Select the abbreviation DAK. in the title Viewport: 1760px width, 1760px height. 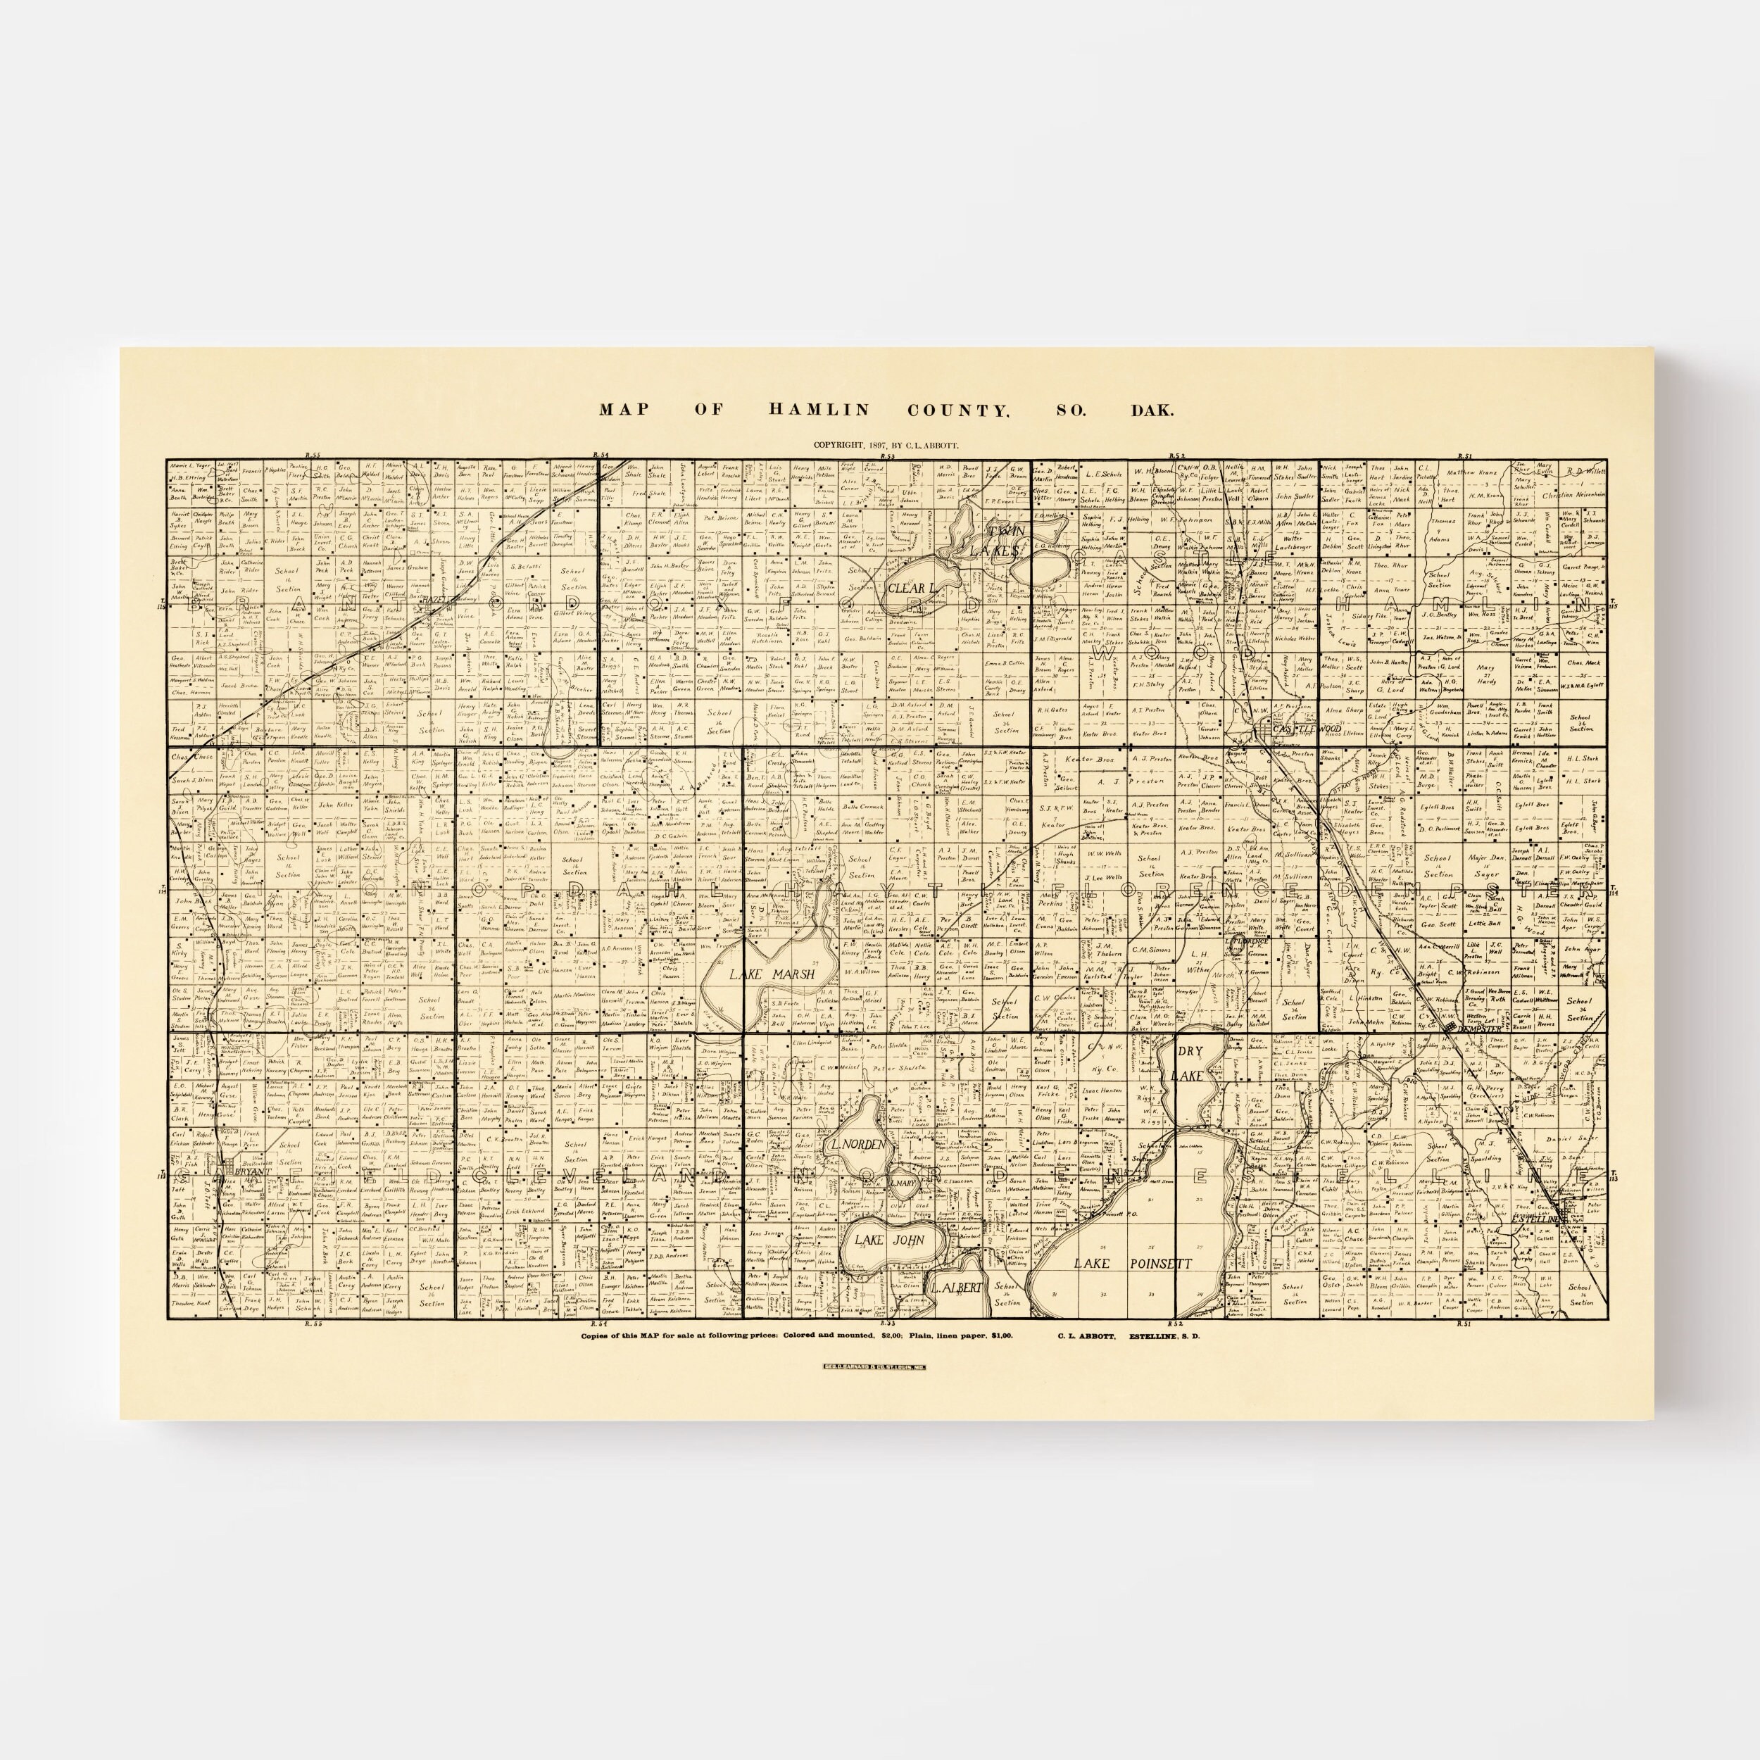click(x=1152, y=410)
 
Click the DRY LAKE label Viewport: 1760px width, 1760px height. click(x=1190, y=1063)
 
